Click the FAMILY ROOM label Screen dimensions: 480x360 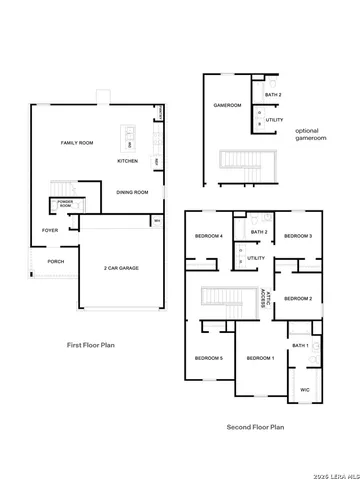pos(77,144)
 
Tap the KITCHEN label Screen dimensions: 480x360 pos(128,161)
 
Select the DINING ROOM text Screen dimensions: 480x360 pos(132,192)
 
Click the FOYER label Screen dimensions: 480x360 pos(49,230)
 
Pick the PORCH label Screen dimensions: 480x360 pos(55,262)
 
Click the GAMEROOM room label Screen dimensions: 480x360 pos(225,105)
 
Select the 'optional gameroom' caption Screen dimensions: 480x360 pos(308,135)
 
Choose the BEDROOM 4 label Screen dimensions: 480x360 pos(208,236)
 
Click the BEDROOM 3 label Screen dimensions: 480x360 pos(298,236)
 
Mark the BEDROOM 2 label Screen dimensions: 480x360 pos(298,298)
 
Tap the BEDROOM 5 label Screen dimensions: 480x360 pos(208,358)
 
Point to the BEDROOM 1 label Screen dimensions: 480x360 pos(260,358)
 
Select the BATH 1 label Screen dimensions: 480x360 pos(301,345)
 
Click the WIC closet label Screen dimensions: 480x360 pos(305,390)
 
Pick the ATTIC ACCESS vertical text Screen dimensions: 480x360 pos(263,299)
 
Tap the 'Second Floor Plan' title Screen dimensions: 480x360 pos(255,426)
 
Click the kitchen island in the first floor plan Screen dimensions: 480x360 pos(129,135)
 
